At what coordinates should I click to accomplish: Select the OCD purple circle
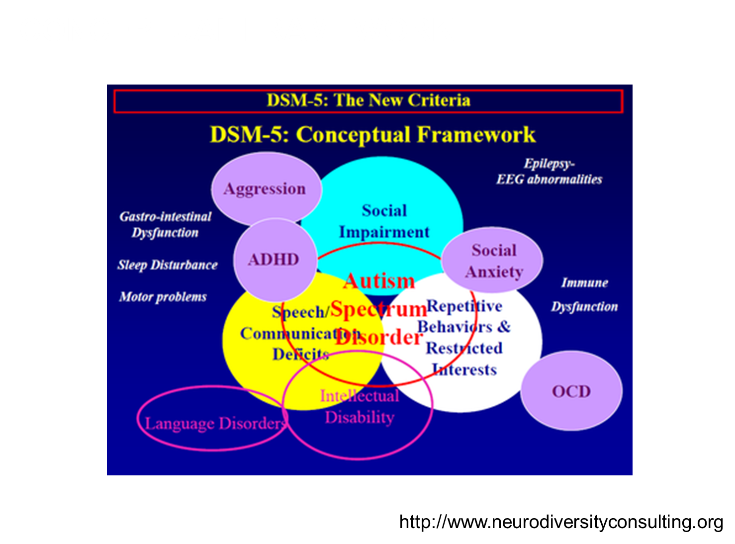click(571, 391)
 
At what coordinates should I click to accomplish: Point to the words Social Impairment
click(384, 221)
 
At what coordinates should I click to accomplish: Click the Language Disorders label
click(216, 423)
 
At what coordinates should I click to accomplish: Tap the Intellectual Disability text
click(360, 406)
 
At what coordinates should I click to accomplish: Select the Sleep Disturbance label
click(168, 265)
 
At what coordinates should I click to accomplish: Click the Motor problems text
click(163, 297)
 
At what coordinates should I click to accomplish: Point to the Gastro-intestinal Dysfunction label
click(166, 224)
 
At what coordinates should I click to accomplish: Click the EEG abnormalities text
click(549, 180)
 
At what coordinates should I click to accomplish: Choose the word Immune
click(584, 283)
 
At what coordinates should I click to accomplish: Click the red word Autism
click(379, 281)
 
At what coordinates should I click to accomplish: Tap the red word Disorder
click(378, 337)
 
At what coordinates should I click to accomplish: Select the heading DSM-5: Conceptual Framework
click(373, 134)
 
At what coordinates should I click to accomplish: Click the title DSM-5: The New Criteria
click(368, 100)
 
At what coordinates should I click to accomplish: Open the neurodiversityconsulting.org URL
click(561, 522)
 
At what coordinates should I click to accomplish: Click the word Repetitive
click(464, 306)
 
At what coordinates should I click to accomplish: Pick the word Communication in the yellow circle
click(300, 334)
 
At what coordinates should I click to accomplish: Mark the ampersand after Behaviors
click(504, 327)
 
